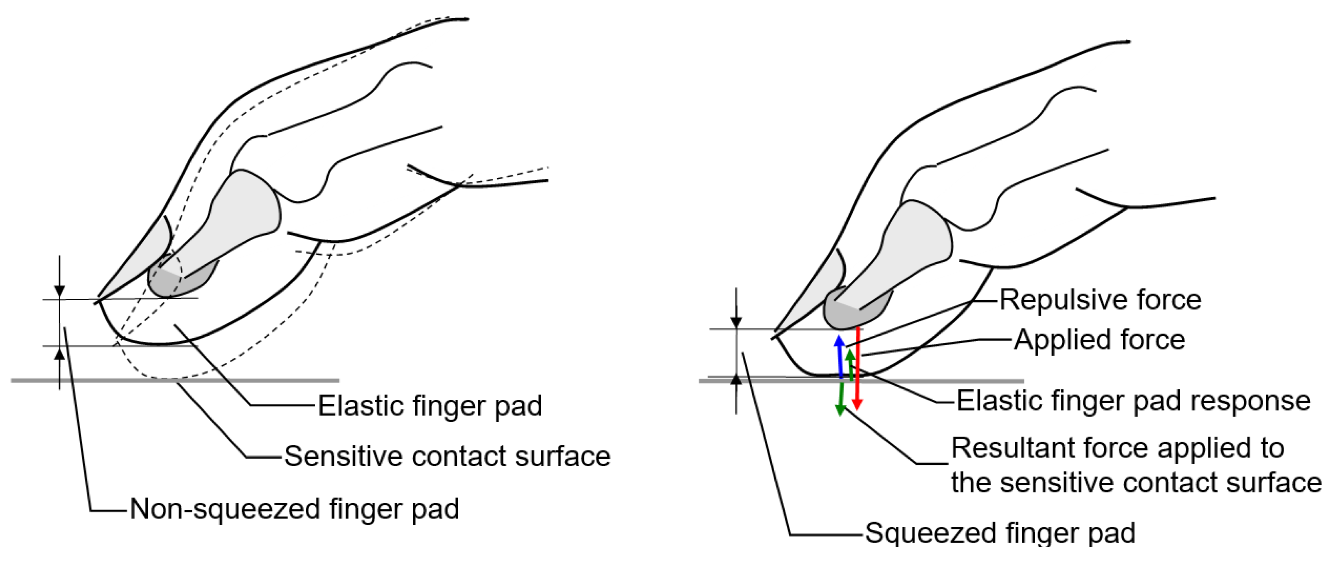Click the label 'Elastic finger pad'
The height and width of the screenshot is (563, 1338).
[430, 406]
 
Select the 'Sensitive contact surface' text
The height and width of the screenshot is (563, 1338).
[447, 457]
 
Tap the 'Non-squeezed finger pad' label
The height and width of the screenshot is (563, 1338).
[294, 509]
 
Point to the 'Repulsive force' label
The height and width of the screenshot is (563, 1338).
[1100, 300]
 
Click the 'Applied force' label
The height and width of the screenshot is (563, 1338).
[1099, 340]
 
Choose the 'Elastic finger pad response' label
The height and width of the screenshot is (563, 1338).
[1133, 401]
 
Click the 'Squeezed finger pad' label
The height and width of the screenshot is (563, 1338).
[1000, 533]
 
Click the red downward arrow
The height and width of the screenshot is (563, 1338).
[857, 369]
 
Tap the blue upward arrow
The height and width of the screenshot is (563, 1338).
[839, 358]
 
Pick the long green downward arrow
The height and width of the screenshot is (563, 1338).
[840, 397]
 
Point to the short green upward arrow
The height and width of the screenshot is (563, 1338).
[850, 366]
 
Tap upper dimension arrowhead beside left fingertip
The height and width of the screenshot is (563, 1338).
[60, 291]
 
